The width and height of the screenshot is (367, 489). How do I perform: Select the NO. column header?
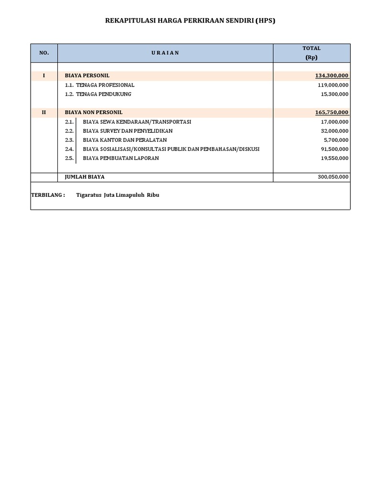44,53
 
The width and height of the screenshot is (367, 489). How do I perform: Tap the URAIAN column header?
165,53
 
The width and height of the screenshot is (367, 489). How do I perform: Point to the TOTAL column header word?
312,48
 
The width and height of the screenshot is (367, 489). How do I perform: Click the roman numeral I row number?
44,75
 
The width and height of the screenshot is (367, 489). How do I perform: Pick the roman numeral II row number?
44,112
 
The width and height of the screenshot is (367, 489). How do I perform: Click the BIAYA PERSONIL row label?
87,75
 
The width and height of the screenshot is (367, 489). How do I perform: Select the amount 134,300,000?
332,75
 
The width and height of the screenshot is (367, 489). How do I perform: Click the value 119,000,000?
333,85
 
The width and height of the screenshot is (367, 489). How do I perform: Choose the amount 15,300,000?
335,94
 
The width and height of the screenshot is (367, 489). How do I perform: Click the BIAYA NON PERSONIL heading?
94,112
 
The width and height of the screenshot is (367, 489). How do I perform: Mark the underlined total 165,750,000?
332,112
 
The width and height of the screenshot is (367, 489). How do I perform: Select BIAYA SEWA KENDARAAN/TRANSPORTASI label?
137,122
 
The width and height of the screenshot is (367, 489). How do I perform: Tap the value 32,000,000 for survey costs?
335,131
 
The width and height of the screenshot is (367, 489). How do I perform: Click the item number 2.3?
69,140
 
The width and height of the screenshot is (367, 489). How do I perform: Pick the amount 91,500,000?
335,149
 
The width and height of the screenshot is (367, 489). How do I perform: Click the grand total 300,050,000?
333,177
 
